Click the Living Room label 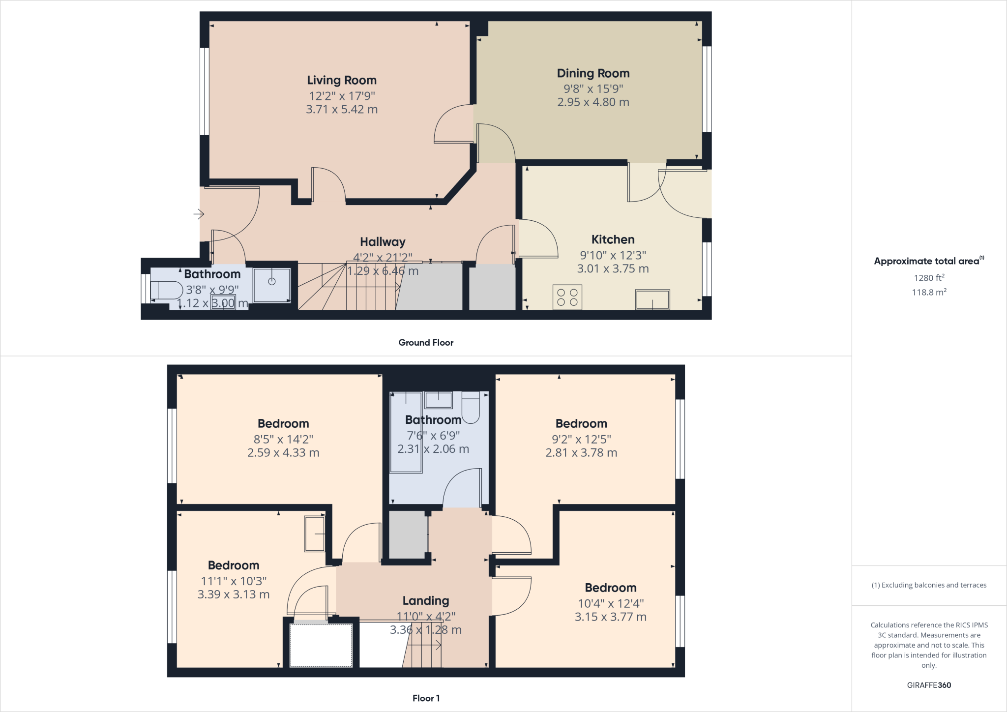tap(342, 80)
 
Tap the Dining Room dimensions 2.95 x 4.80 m tap(593, 102)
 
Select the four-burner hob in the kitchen tap(567, 297)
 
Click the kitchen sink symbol tap(652, 299)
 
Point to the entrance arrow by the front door tap(199, 214)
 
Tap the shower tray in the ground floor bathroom tap(271, 285)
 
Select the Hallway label tap(383, 242)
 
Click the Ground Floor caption tap(426, 343)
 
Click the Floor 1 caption tap(426, 698)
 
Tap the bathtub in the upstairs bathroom tap(406, 432)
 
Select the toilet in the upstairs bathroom tap(471, 408)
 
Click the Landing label tap(425, 601)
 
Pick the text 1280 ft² tap(929, 278)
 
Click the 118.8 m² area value tap(929, 292)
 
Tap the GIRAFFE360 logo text tap(929, 685)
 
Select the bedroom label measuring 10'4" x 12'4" tap(610, 588)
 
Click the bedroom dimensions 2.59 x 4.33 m tap(283, 453)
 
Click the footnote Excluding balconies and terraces tap(929, 585)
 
